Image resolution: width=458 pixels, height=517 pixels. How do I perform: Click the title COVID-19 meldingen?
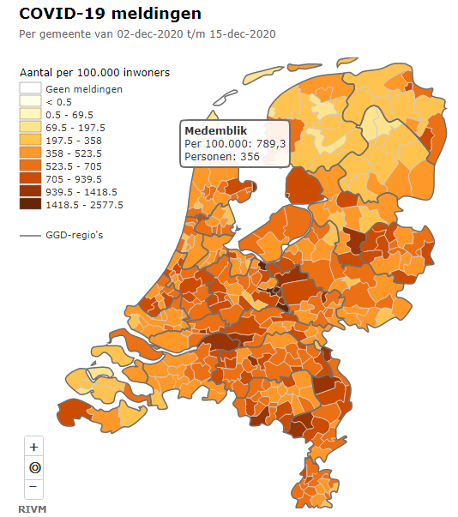click(111, 14)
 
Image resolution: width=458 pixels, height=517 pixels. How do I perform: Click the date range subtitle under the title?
click(147, 33)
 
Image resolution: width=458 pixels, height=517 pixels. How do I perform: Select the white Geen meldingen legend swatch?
click(31, 89)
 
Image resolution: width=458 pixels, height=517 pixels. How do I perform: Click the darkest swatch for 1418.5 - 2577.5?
click(31, 205)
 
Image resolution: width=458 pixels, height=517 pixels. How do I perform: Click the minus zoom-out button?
click(33, 487)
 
